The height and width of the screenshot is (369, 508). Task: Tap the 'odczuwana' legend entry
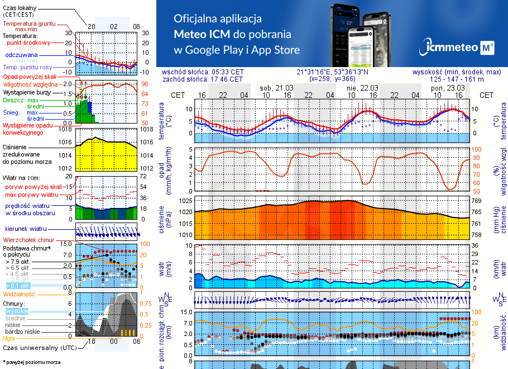tap(21, 55)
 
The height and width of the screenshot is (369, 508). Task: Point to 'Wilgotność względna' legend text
tap(31, 83)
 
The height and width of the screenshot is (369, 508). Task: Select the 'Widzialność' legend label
tap(19, 294)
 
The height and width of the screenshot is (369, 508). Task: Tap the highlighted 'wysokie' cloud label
tap(17, 310)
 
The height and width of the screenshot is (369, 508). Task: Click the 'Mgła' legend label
tap(8, 338)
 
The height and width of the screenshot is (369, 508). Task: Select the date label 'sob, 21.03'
tap(276, 88)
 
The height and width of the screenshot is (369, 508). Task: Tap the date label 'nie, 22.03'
tap(362, 88)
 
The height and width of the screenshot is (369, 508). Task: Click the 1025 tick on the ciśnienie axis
tap(185, 200)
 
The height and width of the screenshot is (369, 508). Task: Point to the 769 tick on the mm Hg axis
tap(476, 200)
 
